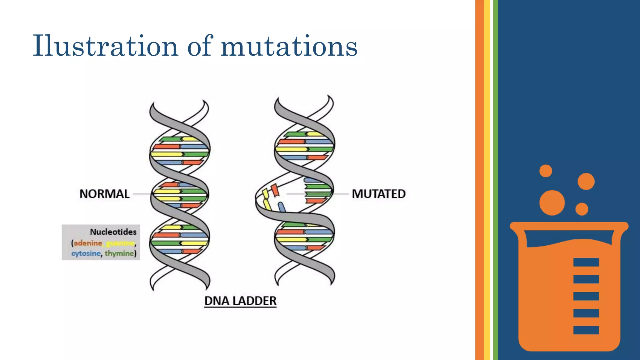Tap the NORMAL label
pos(104,194)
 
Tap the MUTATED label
pos(378,194)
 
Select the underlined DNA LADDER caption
pos(240,301)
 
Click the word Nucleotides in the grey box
pos(113,232)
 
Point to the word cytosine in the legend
pos(86,253)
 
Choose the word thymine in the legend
pos(119,253)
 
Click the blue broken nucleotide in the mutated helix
pos(282,207)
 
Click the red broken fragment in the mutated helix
pos(275,190)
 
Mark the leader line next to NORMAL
pos(142,194)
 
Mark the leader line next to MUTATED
pos(340,194)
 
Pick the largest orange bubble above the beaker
pos(552,202)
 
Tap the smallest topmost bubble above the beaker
pos(546,171)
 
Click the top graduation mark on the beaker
pos(586,262)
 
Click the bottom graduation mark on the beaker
pos(586,330)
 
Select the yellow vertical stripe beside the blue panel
pos(487,180)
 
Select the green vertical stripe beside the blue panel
pos(496,180)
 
